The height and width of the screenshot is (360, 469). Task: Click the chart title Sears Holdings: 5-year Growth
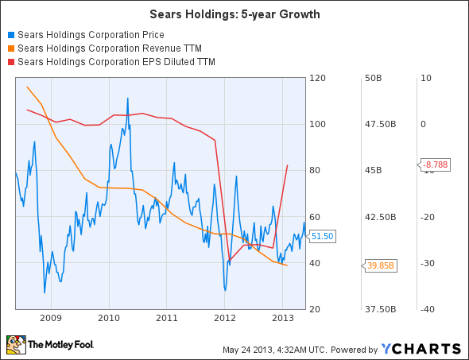point(234,14)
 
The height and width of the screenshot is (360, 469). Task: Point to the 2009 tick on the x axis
point(51,317)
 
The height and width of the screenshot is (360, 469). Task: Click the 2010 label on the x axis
point(109,317)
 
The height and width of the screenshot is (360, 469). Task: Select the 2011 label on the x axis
point(167,317)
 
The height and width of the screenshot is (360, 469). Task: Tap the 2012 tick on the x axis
point(225,317)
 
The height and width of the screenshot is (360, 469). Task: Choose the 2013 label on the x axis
point(283,317)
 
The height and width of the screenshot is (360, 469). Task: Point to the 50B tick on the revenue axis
point(374,78)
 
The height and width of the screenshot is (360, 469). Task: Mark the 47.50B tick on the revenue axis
point(374,124)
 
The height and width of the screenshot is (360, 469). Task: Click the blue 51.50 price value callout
point(322,236)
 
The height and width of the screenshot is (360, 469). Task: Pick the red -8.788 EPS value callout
point(435,165)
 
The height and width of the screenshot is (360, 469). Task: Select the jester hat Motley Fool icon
point(15,345)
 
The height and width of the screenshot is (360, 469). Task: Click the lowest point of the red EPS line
point(228,261)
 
